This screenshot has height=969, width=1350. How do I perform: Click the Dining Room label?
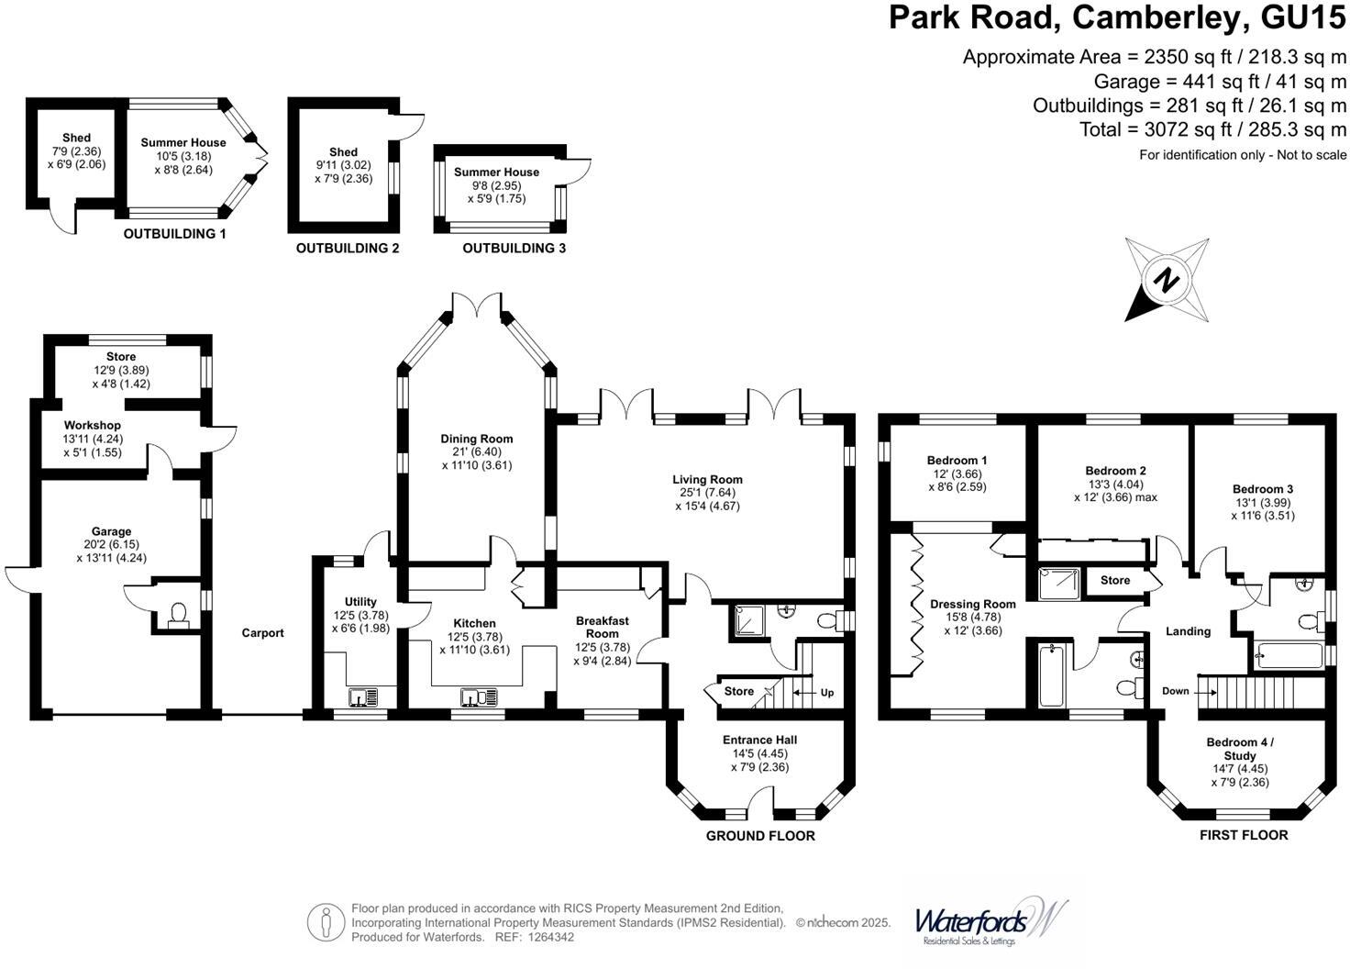[476, 439]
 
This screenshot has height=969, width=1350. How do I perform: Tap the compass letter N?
[1167, 279]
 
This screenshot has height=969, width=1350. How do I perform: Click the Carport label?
[262, 633]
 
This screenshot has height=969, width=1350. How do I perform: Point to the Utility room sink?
[364, 697]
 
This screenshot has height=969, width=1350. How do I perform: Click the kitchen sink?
[477, 697]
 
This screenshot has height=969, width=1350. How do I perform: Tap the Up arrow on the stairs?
[826, 693]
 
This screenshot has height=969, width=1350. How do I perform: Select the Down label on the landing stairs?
[1175, 691]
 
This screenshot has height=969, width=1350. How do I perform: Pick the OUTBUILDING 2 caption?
[348, 248]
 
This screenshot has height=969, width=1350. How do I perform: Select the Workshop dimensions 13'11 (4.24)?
[92, 439]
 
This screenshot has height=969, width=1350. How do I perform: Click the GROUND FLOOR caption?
[760, 835]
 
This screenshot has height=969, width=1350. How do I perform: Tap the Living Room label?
[707, 479]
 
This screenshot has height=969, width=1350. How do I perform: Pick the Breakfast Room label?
[603, 628]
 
